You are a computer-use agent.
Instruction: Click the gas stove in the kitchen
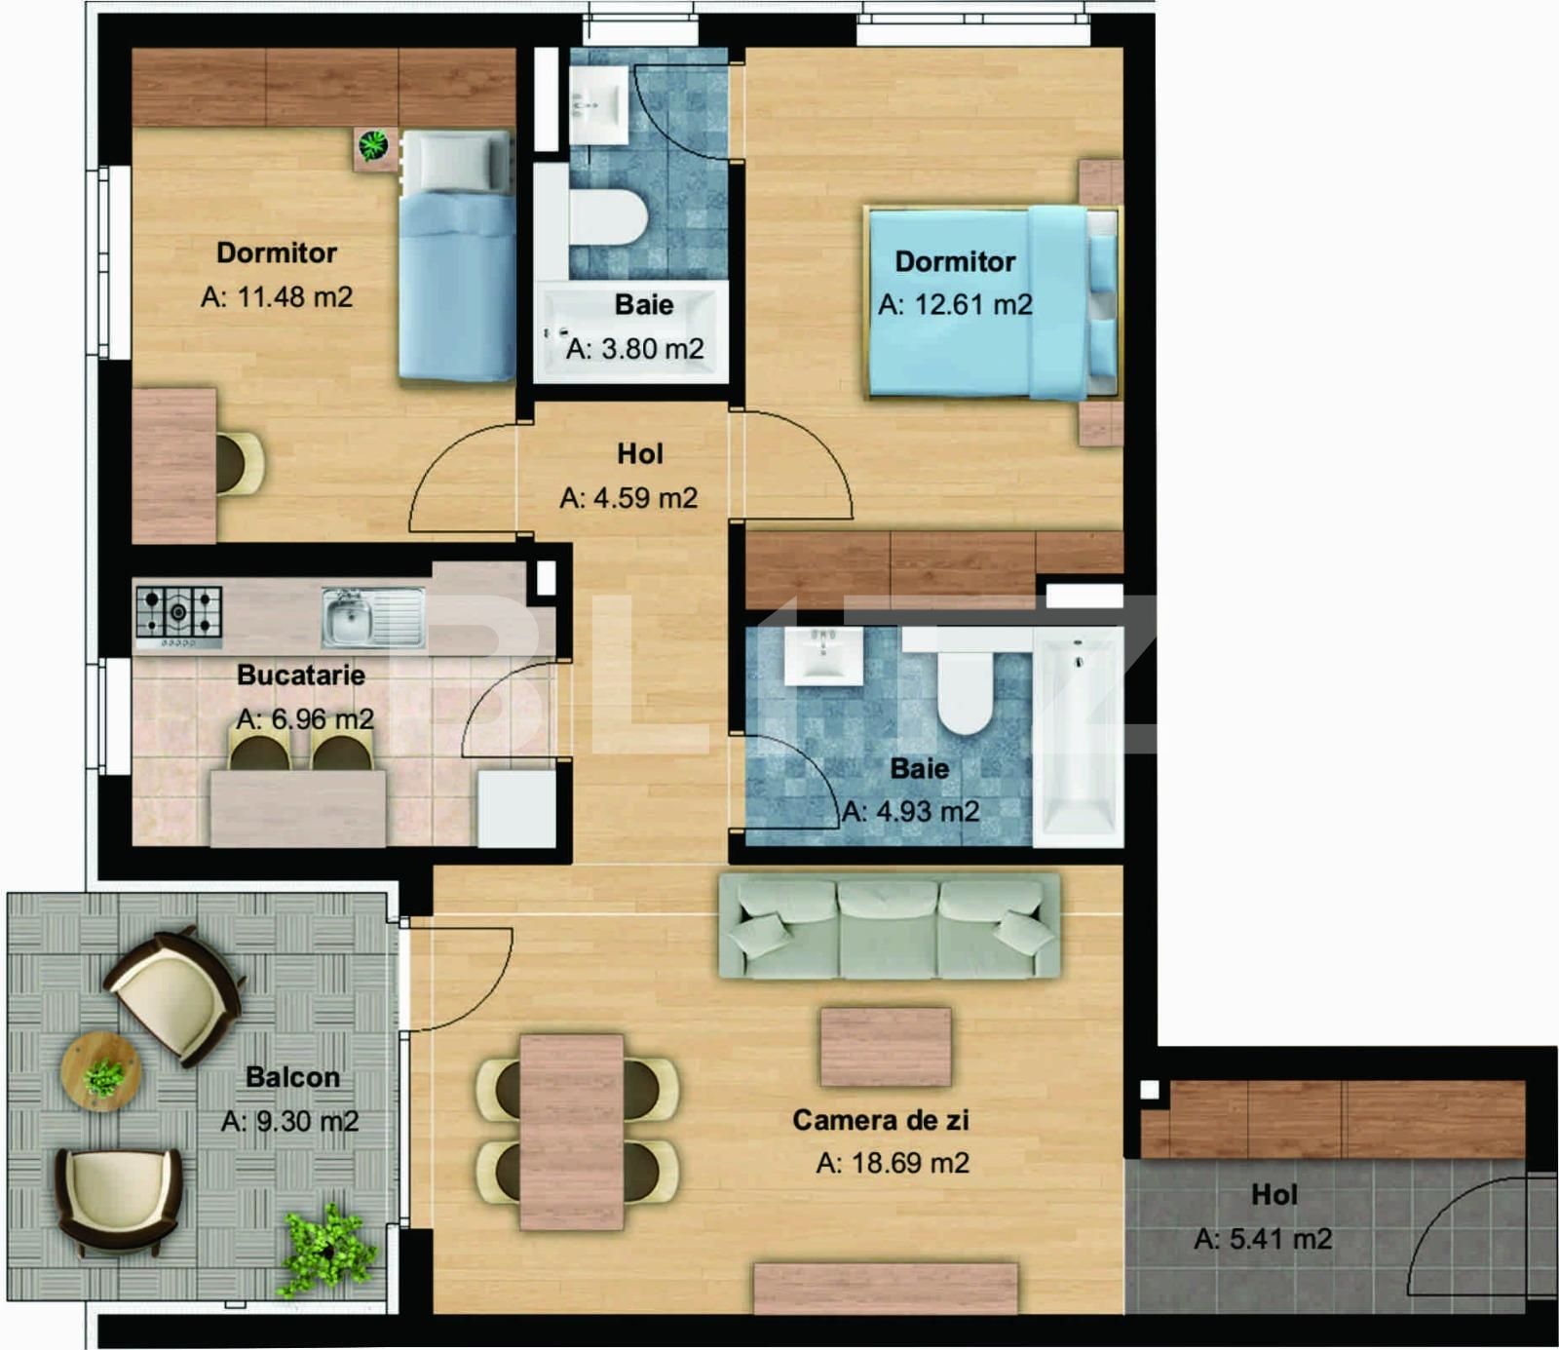coord(178,614)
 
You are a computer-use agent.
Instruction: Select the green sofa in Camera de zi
coord(889,926)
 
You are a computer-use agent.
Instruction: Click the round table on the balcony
coord(100,1071)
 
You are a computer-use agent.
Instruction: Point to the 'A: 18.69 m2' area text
coord(893,1163)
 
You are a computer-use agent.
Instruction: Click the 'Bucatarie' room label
coord(301,675)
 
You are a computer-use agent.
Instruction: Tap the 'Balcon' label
coord(292,1077)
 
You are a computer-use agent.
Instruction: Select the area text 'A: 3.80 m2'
coord(635,349)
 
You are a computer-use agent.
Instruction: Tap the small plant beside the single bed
coord(374,147)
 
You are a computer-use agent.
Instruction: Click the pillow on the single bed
coord(455,161)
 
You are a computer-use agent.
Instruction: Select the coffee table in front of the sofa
coord(885,1047)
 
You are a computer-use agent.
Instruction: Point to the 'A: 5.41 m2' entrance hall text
coord(1263,1239)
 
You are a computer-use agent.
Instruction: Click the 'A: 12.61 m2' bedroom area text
coord(955,305)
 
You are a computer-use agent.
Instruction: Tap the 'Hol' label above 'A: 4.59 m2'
coord(639,453)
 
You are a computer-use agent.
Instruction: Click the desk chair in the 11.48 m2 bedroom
coord(239,463)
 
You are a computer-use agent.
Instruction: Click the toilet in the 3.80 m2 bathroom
coord(608,216)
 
